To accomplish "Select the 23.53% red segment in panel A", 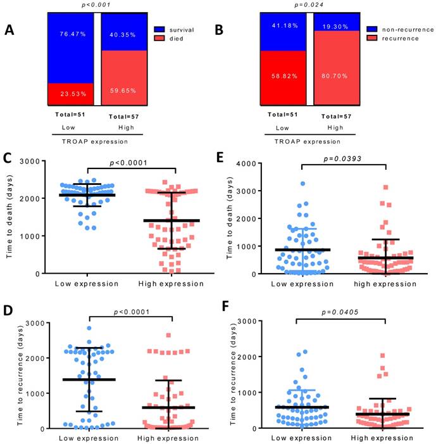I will coord(70,94).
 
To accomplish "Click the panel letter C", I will coord(9,158).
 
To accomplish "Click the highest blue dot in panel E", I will coord(302,184).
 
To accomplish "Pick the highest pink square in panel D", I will coord(168,336).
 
